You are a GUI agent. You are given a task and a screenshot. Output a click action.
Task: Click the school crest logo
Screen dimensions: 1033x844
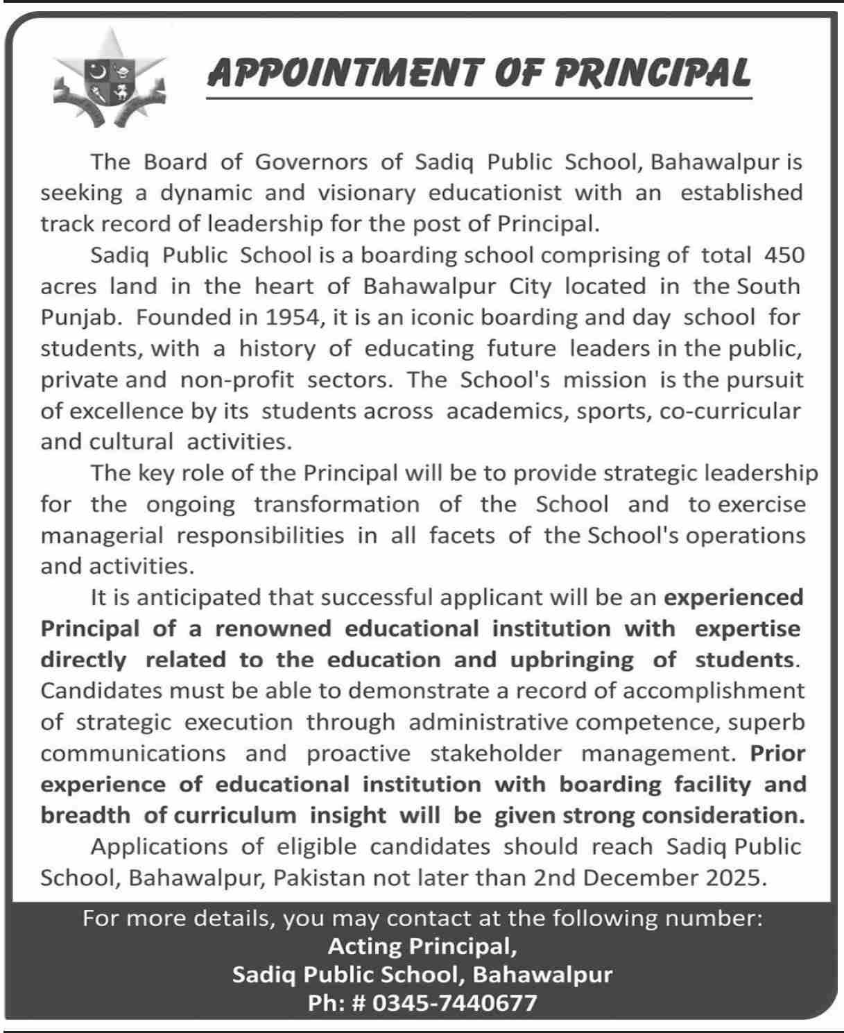pos(110,79)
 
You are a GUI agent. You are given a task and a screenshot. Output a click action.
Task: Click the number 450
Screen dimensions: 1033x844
pos(784,255)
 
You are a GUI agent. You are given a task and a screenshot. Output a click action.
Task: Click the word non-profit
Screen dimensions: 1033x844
pos(237,380)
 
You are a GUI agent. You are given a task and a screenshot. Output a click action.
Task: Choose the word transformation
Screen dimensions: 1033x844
pos(336,504)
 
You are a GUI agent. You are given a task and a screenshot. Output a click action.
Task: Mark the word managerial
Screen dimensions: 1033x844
pos(102,536)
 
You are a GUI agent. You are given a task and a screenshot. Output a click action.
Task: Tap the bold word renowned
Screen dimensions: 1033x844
pos(273,629)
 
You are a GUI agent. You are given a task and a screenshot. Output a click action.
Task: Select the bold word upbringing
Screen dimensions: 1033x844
pos(572,660)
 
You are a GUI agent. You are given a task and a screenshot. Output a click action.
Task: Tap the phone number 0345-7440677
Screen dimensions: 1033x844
pos(455,1003)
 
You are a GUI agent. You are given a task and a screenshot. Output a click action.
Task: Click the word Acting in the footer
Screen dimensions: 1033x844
pos(364,946)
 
